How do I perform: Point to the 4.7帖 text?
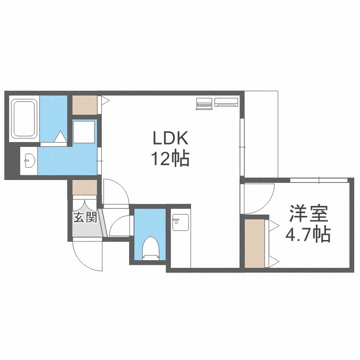tap(308, 235)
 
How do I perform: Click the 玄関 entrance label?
tap(85, 217)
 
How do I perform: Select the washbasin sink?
tap(28, 160)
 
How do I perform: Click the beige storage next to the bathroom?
tap(84, 105)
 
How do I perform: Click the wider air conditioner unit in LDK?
tap(226, 102)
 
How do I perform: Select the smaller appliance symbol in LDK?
tap(204, 103)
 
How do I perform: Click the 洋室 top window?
tap(319, 180)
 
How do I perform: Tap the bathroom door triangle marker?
tap(60, 138)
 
